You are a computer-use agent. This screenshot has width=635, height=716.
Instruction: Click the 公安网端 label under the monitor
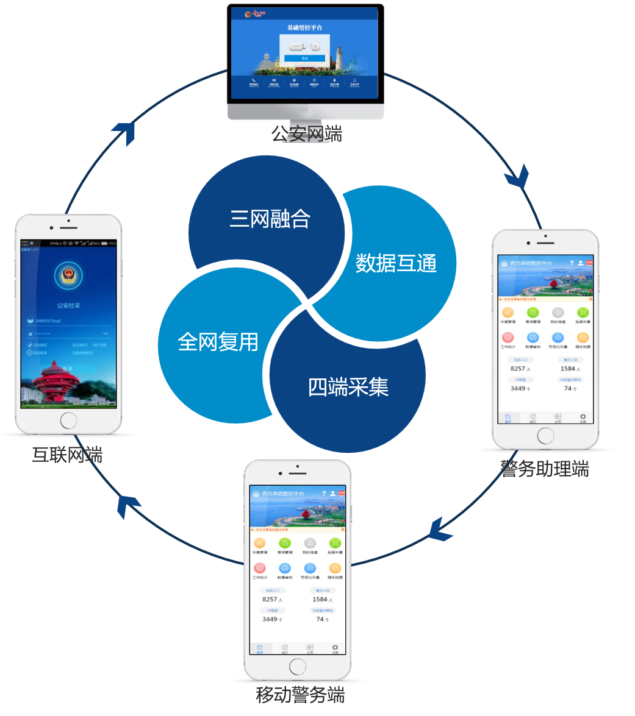(x=307, y=133)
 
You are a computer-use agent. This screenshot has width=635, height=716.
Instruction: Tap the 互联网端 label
(x=67, y=455)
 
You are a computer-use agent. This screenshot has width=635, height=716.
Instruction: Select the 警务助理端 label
(x=545, y=469)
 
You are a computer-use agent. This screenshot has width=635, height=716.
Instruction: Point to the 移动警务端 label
(x=300, y=695)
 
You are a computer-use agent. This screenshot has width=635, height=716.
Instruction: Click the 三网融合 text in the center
(x=270, y=219)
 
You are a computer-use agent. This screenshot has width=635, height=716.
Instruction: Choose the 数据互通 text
(x=396, y=263)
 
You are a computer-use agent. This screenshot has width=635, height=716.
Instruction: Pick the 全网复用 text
(x=218, y=342)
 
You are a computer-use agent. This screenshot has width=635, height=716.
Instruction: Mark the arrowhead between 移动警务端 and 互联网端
(x=129, y=505)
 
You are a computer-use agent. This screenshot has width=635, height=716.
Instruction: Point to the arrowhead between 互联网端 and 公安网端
(x=125, y=132)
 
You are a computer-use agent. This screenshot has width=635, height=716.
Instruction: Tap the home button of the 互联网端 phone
(x=68, y=420)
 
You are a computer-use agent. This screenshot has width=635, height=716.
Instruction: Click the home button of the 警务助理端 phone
(x=545, y=435)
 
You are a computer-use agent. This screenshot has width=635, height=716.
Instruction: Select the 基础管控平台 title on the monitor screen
(x=305, y=28)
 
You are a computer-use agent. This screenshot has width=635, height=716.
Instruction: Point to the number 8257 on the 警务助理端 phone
(x=518, y=369)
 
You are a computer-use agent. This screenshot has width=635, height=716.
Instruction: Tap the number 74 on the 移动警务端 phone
(x=320, y=619)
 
